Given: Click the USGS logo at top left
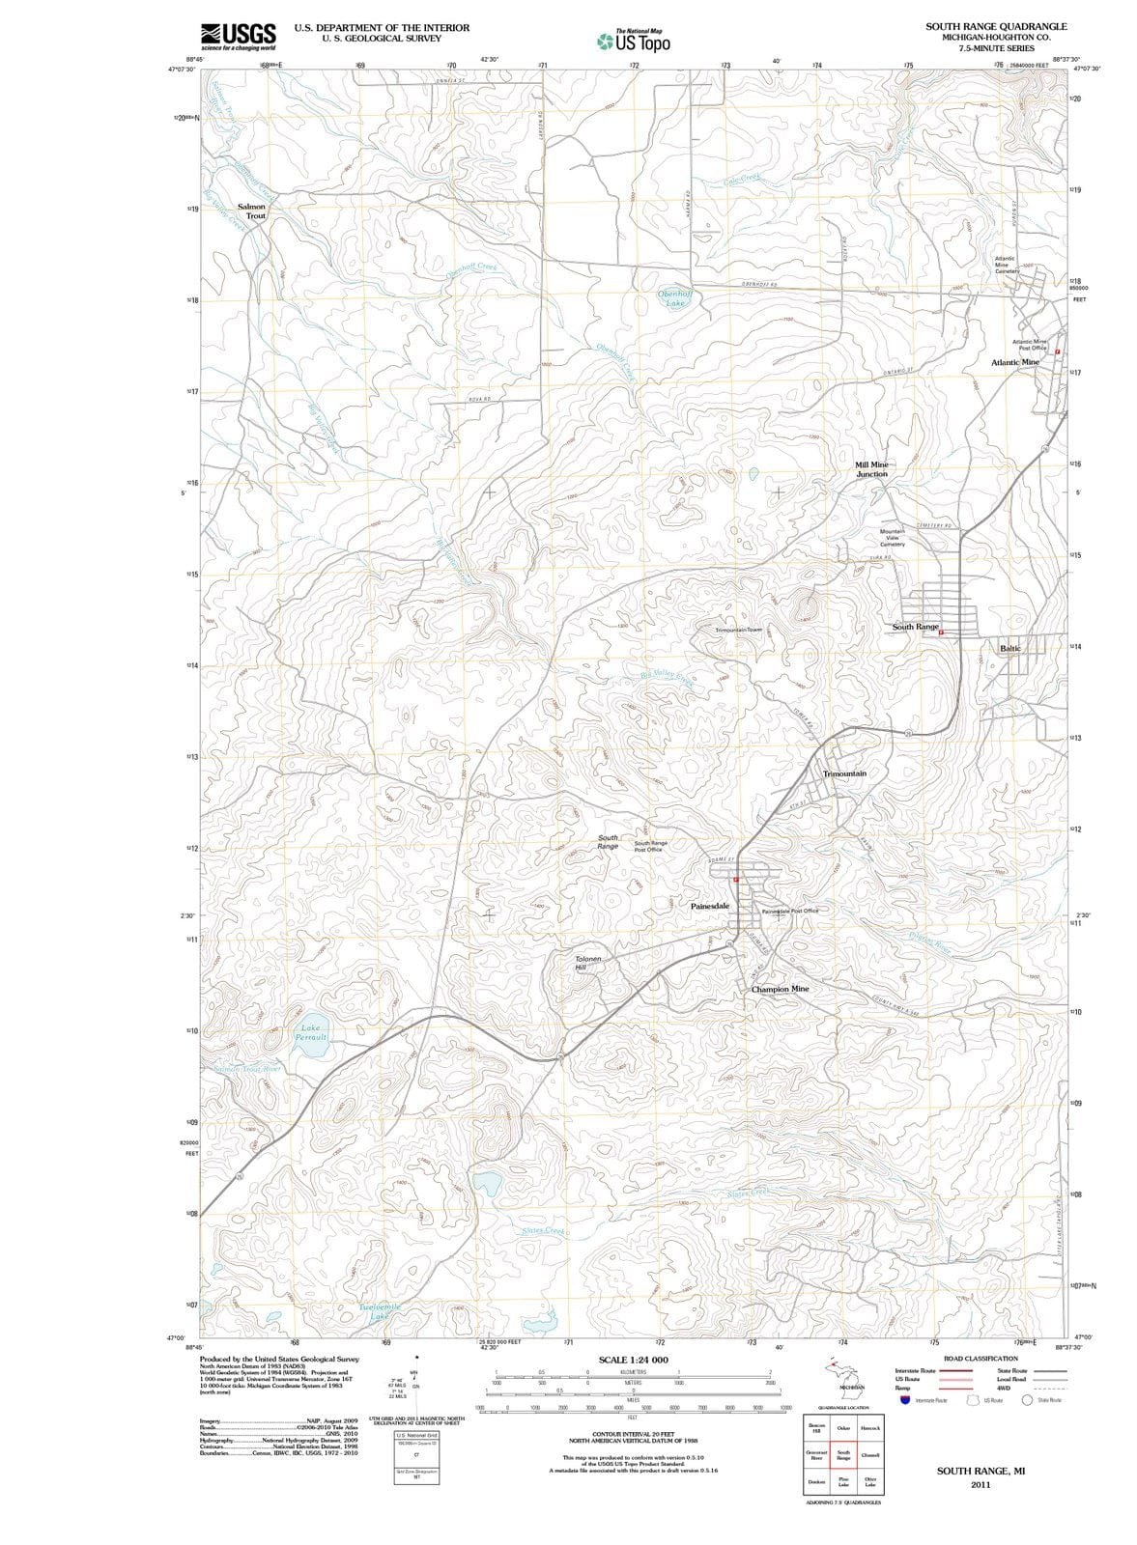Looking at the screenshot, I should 238,36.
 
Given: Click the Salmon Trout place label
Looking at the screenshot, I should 251,211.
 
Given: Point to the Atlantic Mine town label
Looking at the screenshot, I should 1015,362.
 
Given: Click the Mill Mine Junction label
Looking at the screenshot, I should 871,469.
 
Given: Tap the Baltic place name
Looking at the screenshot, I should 1010,648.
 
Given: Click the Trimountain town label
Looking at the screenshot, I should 844,773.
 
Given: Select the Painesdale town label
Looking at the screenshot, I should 709,907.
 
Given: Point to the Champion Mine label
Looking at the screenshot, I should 780,989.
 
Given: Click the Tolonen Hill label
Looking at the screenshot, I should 588,963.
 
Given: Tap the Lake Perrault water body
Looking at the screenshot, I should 311,1032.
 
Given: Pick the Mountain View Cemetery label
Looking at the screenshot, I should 892,538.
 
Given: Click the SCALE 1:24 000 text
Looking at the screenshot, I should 634,1361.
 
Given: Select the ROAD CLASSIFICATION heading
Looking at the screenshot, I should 981,1359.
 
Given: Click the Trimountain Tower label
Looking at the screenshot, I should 739,630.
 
